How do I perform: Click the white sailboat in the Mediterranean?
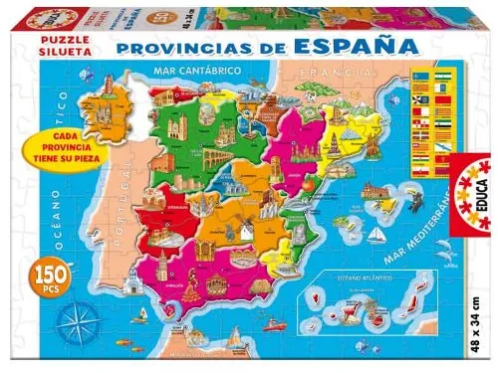[375, 236]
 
